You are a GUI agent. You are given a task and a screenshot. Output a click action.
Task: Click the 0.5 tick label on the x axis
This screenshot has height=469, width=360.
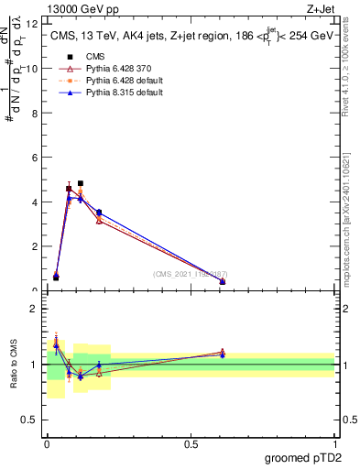(x=191, y=444)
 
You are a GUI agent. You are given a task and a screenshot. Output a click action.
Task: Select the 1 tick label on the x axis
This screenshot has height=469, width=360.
(x=334, y=444)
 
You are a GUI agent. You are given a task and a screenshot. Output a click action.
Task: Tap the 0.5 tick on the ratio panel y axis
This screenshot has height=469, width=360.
(x=30, y=420)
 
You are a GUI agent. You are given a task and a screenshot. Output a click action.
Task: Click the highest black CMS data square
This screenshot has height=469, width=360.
(x=81, y=183)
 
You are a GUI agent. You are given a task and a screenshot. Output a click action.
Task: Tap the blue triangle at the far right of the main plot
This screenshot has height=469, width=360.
(x=223, y=281)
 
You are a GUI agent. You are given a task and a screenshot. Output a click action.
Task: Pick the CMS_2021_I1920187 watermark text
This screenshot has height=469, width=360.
(x=191, y=274)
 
